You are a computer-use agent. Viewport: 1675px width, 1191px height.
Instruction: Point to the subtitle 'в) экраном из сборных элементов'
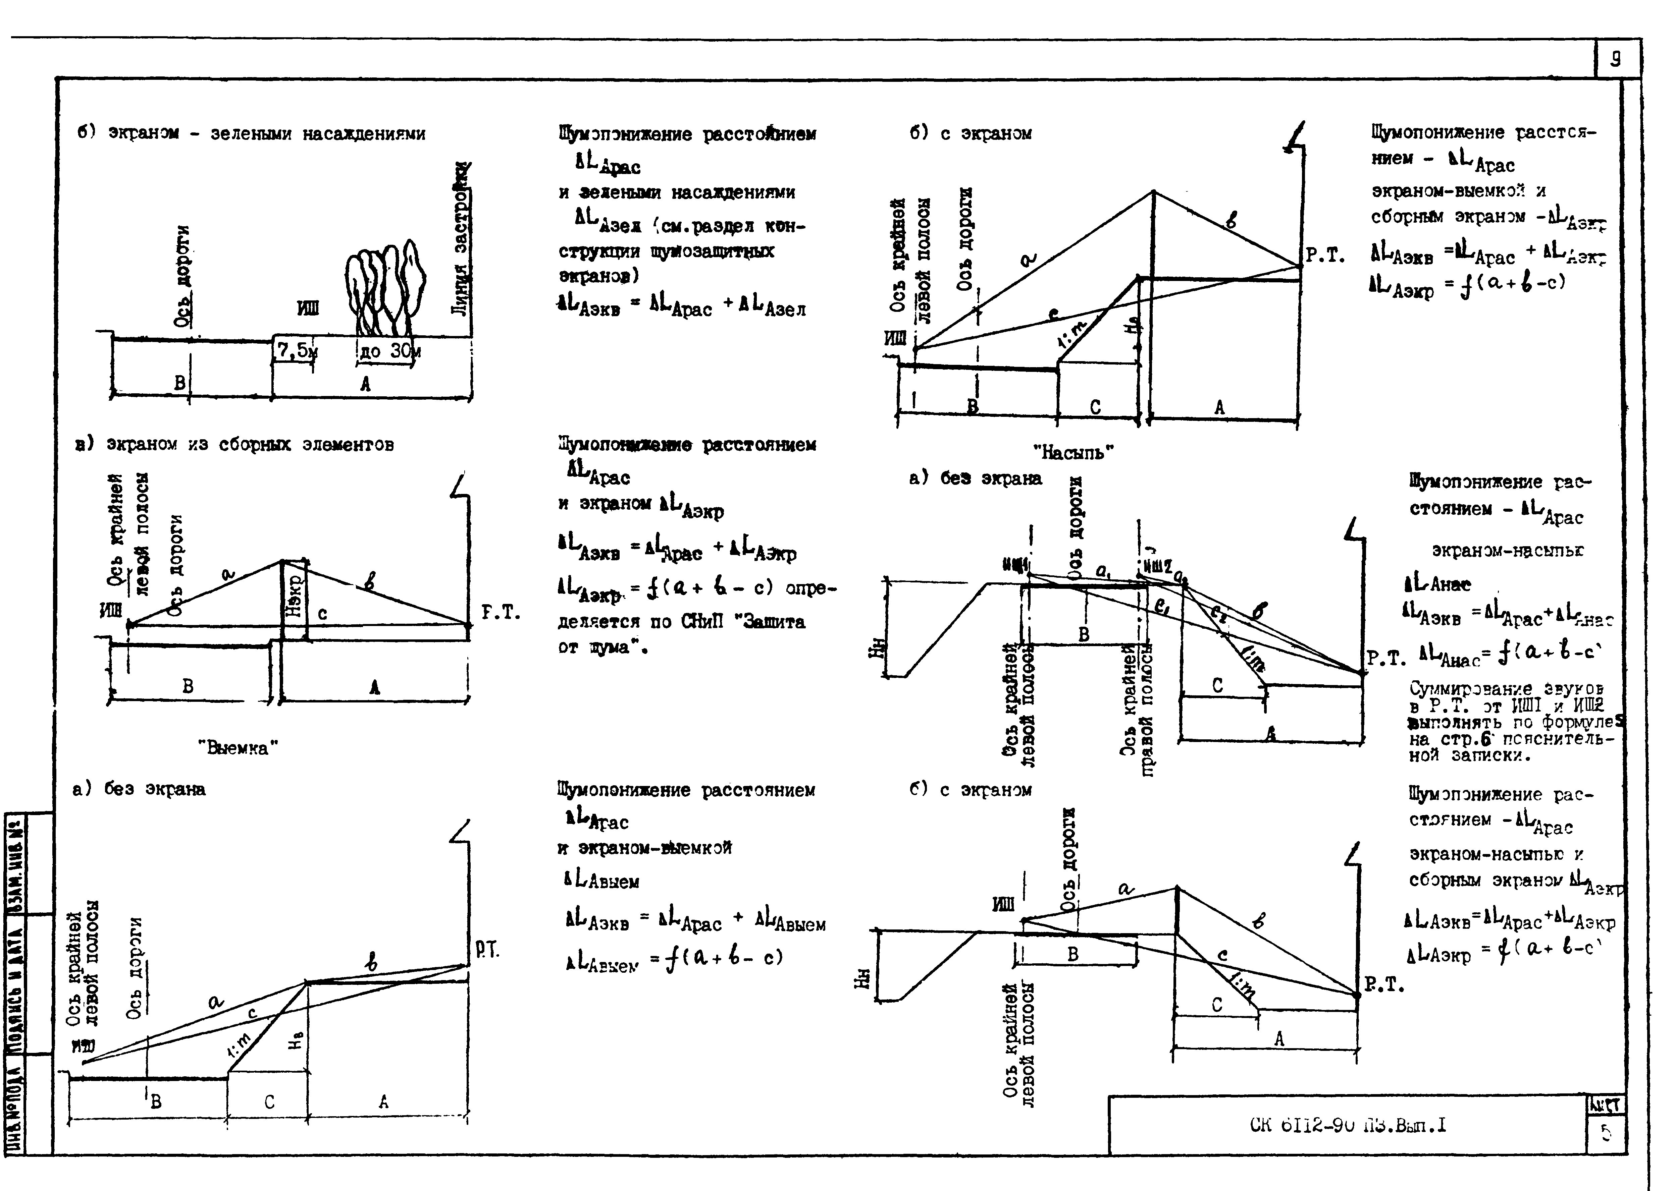coord(235,444)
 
